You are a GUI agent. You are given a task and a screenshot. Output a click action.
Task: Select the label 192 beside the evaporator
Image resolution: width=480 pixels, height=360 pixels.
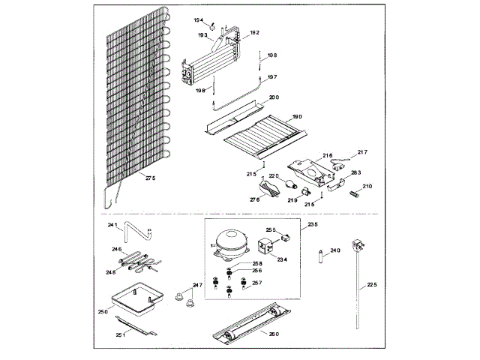[x=254, y=33]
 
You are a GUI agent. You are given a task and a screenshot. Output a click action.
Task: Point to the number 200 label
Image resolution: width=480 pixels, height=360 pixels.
[x=274, y=98]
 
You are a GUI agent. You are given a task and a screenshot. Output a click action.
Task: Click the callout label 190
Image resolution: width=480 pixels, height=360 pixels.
[x=297, y=117]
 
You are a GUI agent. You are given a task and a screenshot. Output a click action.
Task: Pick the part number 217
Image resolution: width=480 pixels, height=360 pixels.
[x=362, y=152]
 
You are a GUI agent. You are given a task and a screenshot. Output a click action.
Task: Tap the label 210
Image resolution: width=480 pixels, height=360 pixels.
[x=367, y=186]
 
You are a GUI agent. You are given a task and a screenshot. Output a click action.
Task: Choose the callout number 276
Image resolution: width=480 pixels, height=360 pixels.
[x=254, y=200]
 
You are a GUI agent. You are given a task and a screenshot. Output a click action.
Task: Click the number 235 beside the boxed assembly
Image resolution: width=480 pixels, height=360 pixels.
[x=313, y=224]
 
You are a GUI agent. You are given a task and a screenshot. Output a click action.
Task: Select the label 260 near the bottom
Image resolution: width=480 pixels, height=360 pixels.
[x=274, y=334]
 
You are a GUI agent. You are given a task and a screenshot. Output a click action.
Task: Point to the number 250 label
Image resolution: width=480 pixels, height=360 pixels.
[x=103, y=310]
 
